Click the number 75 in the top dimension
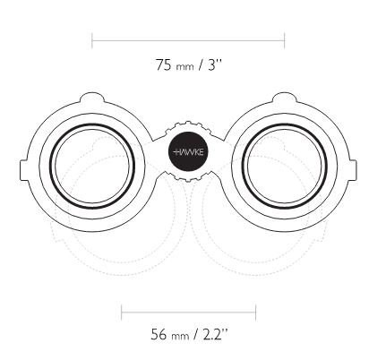[x=163, y=64]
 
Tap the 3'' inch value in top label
[x=215, y=64]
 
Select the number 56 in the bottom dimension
[x=159, y=334]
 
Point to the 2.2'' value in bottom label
[x=215, y=334]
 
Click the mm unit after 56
[x=180, y=336]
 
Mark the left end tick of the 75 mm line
[x=92, y=40]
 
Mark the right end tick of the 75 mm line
[x=285, y=40]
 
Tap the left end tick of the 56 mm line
[x=122, y=313]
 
